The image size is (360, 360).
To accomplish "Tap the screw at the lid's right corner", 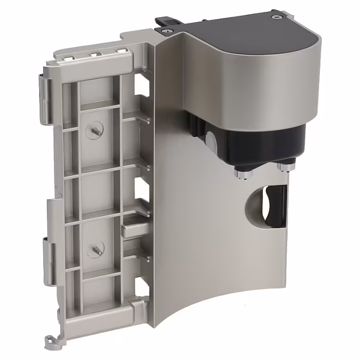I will tap(279, 17).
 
